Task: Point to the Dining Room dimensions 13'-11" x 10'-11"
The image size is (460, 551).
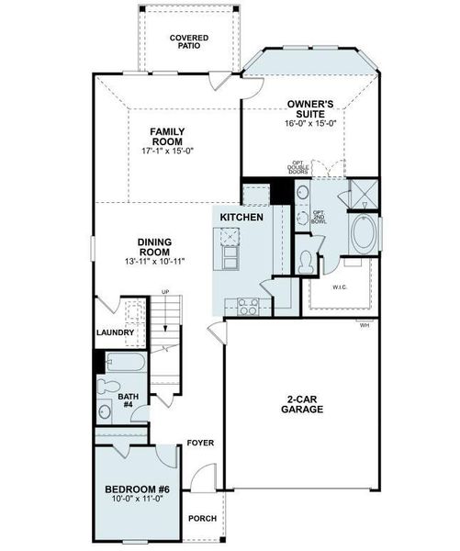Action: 154,261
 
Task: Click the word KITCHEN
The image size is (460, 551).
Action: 241,217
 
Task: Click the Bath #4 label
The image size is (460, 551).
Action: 128,401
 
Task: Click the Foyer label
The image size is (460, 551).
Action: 200,443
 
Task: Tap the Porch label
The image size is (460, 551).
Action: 202,519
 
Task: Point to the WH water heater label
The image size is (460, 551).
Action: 365,325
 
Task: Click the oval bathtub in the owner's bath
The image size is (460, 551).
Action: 363,235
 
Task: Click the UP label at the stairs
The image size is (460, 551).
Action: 165,292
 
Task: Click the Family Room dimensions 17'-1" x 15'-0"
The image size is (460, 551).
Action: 167,151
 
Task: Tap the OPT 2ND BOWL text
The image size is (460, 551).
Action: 318,218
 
